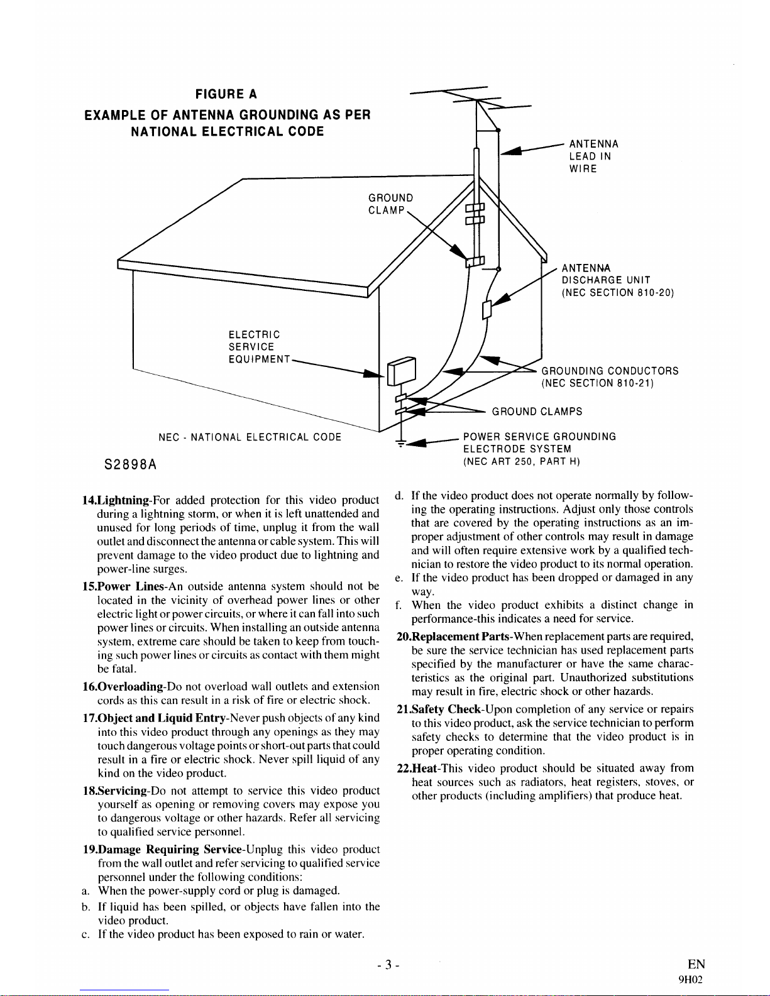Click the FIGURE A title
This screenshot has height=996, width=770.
coord(226,94)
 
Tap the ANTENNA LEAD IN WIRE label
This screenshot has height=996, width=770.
coord(593,156)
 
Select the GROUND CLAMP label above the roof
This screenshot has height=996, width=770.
coord(390,204)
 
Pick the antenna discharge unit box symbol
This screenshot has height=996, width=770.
coord(486,310)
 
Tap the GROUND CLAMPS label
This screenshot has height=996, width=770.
coord(537,412)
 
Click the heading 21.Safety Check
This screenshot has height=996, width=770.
coord(447,709)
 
